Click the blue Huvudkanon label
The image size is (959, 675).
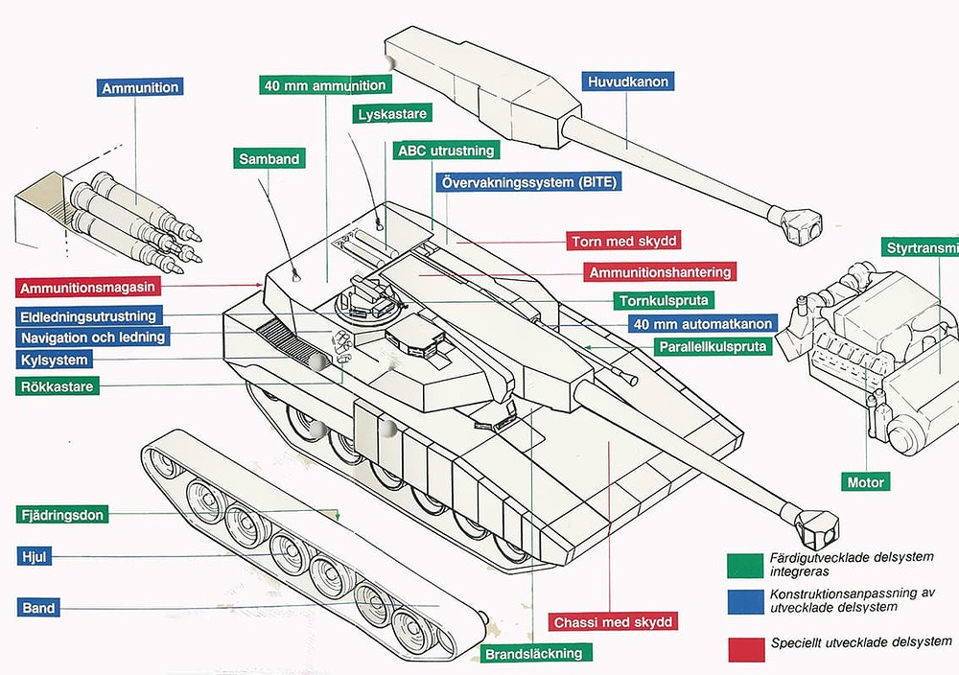point(627,81)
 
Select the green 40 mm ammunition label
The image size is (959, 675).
point(326,84)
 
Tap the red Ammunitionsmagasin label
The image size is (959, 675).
point(87,287)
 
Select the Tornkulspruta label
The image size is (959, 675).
point(664,301)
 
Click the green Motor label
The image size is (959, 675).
point(866,481)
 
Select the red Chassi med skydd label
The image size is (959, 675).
point(614,622)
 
